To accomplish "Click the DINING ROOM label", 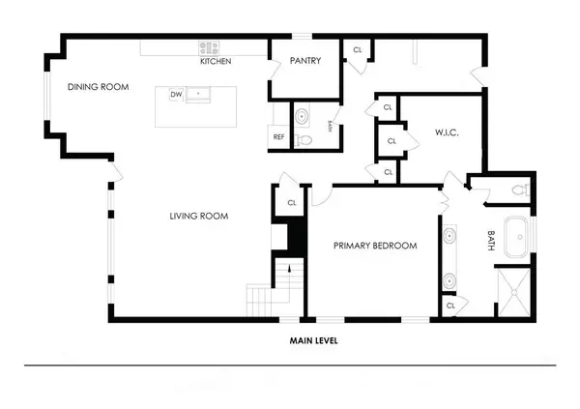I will pyautogui.click(x=98, y=87).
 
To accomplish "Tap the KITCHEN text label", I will pyautogui.click(x=215, y=62).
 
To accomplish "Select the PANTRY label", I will pyautogui.click(x=304, y=62).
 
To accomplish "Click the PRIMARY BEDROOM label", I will pyautogui.click(x=375, y=246).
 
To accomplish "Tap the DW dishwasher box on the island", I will pyautogui.click(x=176, y=95).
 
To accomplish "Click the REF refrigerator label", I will pyautogui.click(x=278, y=137).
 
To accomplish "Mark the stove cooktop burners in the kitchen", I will pyautogui.click(x=209, y=46).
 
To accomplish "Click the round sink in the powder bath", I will pyautogui.click(x=302, y=117).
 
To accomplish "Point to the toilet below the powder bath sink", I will pyautogui.click(x=304, y=140).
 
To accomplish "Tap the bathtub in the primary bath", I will pyautogui.click(x=515, y=238).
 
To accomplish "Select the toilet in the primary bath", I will pyautogui.click(x=519, y=190).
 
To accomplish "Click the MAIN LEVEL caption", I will pyautogui.click(x=313, y=340).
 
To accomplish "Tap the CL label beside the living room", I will pyautogui.click(x=292, y=203).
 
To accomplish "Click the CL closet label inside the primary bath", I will pyautogui.click(x=451, y=306).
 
